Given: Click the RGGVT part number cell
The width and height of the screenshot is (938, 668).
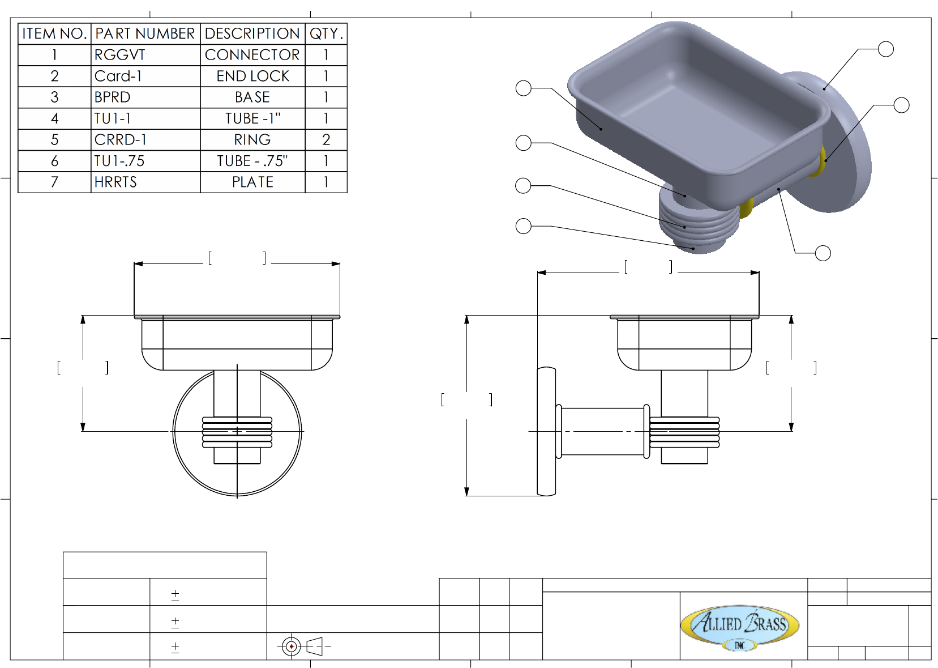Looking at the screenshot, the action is coord(145,55).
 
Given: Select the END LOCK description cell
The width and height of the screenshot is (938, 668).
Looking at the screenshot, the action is coord(252,76).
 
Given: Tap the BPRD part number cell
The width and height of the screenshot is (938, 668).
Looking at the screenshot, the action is coord(145,97).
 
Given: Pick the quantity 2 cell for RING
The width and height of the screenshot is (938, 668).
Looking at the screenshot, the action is coord(326,140).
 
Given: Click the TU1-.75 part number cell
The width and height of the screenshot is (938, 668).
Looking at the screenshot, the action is coord(145,161).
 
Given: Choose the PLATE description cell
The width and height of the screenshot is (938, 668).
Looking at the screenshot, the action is coord(252,182).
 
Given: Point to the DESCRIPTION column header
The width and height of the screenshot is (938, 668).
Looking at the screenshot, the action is coord(252,33).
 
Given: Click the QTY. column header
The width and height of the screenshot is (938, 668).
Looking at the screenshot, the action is coord(326,33).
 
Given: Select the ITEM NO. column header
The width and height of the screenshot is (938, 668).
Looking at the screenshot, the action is coord(54,33).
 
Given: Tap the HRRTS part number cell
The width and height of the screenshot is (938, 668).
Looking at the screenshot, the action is coord(145,182).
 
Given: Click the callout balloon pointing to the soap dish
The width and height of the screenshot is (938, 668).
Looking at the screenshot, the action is coord(524,88).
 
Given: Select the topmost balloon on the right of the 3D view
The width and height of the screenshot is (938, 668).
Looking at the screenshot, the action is coord(886,49).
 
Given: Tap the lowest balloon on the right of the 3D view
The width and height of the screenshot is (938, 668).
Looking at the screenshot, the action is coord(823,253).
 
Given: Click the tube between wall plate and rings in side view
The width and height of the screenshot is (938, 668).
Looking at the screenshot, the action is coord(601,431).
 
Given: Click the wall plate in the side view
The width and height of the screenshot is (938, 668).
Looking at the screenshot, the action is coord(546,431).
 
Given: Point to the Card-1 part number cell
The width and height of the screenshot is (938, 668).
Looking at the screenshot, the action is coord(145,76).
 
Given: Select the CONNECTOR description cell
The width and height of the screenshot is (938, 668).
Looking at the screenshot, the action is coord(252,55).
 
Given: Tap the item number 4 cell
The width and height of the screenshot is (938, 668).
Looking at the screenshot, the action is coord(54,118).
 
